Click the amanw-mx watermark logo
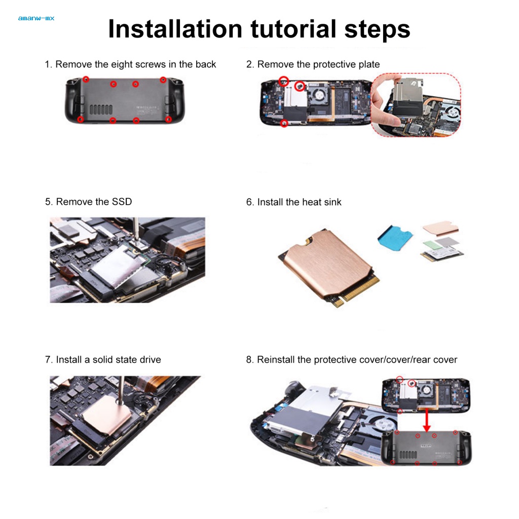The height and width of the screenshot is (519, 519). (x=36, y=19)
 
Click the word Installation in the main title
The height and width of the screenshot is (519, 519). (x=175, y=29)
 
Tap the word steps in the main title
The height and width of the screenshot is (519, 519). (x=377, y=30)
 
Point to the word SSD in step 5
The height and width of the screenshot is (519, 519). (x=122, y=202)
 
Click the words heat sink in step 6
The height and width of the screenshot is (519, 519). (x=320, y=202)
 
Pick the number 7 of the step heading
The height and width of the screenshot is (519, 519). (x=48, y=359)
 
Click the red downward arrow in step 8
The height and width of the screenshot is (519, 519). (x=427, y=420)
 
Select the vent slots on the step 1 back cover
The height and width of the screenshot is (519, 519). (x=101, y=109)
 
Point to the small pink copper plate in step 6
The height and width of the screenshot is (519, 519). (x=440, y=228)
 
